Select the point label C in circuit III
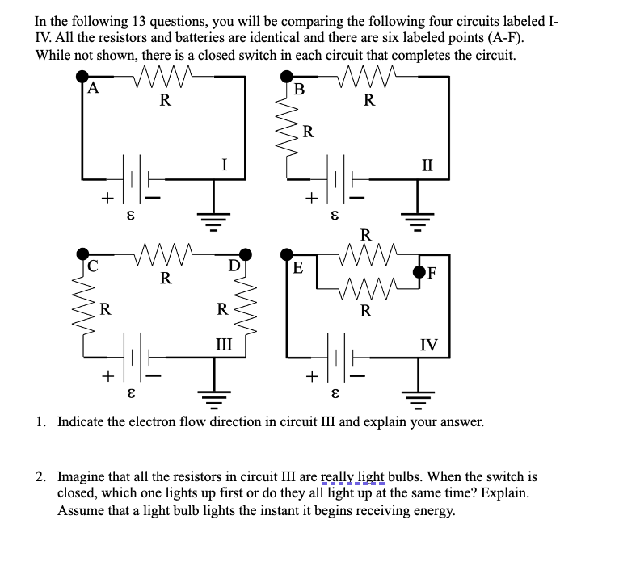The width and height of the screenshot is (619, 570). pos(93,264)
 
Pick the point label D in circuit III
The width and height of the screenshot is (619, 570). pos(234,264)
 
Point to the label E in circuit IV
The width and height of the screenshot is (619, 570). pos(297,267)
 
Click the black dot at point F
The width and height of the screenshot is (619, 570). pos(420,270)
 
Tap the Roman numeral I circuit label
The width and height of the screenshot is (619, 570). pos(224,165)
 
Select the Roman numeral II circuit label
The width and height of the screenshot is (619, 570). pos(427,165)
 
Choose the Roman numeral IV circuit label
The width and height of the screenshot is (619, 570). pos(428,345)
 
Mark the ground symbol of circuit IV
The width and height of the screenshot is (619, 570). pos(419,396)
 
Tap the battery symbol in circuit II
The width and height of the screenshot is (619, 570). pos(335,179)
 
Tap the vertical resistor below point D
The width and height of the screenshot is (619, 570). pos(245,308)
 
